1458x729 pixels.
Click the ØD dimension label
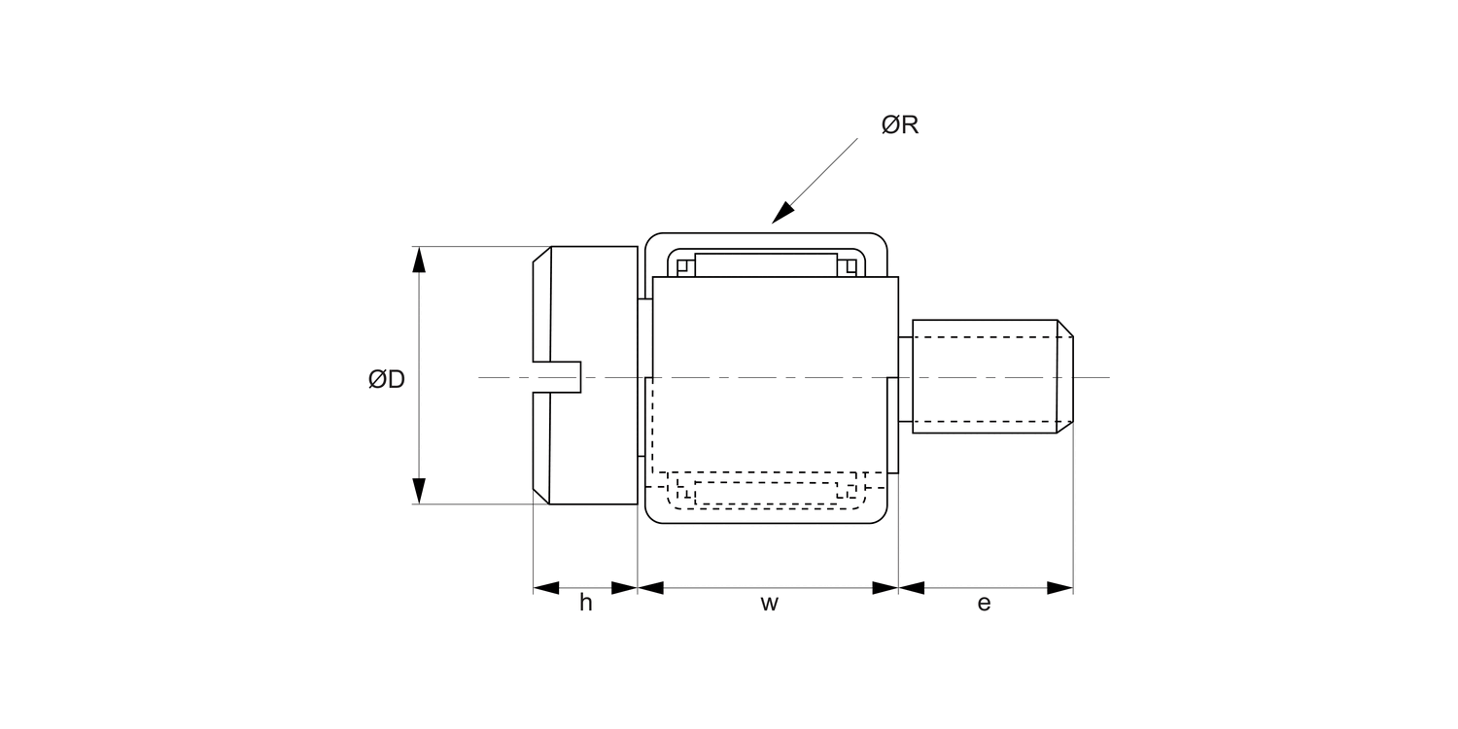point(386,380)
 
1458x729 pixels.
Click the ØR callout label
point(899,125)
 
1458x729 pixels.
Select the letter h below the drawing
point(585,604)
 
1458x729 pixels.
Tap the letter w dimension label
point(769,604)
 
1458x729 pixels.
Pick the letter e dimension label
point(984,604)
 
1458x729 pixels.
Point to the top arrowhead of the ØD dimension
point(419,260)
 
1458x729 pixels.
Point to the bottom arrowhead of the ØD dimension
point(419,491)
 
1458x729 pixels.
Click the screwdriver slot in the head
point(558,377)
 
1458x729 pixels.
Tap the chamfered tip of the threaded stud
point(1065,376)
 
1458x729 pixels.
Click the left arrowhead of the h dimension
point(547,588)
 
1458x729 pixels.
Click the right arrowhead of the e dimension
point(1059,588)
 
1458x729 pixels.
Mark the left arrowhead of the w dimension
point(650,588)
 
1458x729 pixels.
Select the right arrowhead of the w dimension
point(885,588)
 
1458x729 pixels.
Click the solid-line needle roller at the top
point(766,265)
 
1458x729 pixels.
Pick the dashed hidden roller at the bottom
point(766,493)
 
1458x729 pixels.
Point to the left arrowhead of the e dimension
point(912,588)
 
